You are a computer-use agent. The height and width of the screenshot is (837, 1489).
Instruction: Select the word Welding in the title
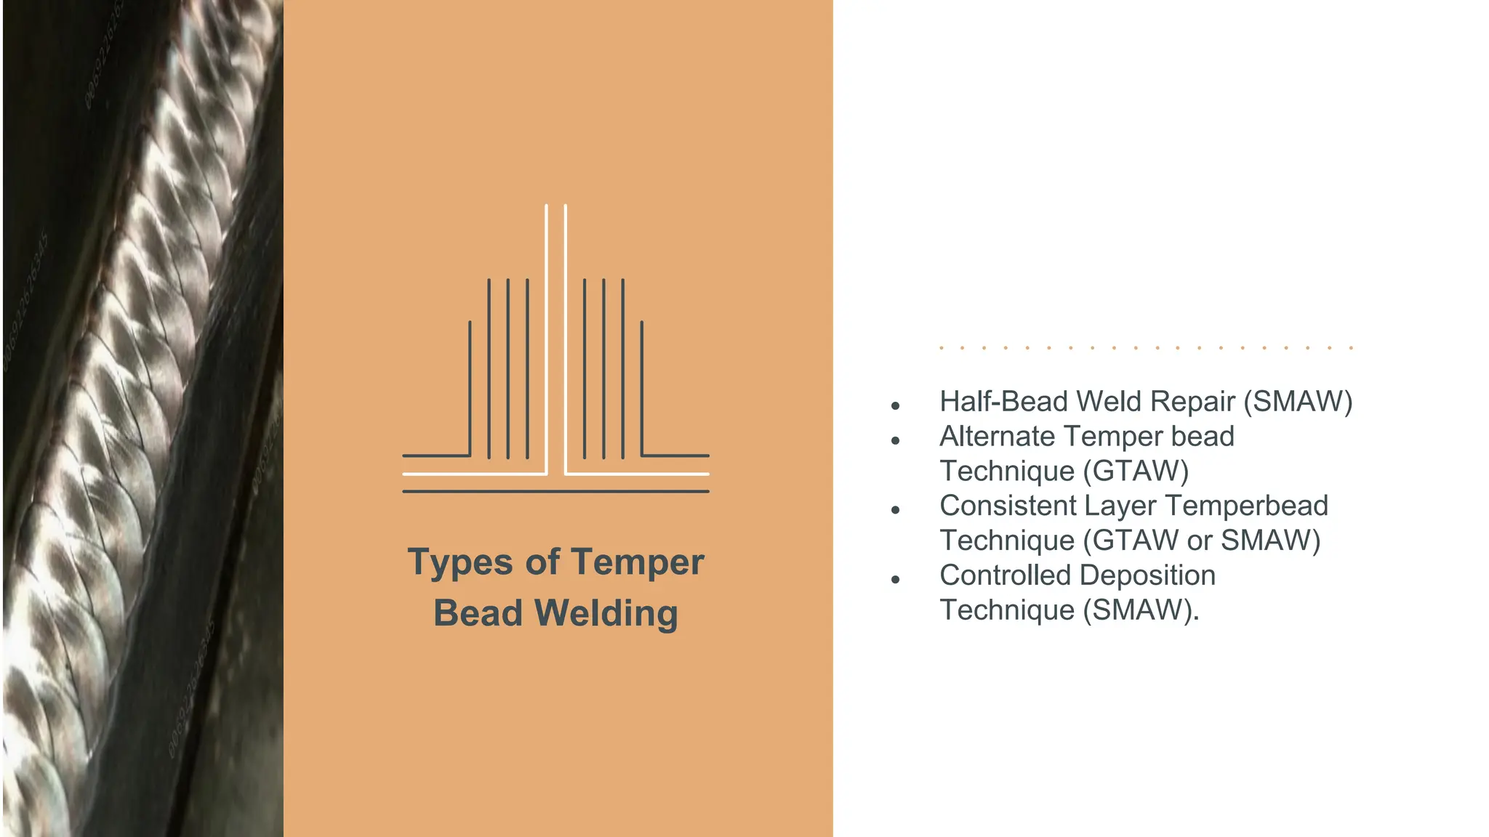606,613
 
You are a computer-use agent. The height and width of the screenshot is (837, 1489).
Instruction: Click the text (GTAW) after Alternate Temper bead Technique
1136,472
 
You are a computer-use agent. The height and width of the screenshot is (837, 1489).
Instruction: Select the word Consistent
1007,506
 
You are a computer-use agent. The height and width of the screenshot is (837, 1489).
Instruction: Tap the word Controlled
1004,575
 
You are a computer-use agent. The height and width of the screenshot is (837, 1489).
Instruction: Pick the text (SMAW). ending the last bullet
1141,610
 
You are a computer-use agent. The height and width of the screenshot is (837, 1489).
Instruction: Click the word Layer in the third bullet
1116,506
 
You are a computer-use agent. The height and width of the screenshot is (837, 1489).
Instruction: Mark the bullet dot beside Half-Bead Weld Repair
896,405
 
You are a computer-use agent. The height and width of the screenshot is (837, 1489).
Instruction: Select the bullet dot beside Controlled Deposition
896,579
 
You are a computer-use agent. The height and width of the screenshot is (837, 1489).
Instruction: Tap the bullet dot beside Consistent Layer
896,510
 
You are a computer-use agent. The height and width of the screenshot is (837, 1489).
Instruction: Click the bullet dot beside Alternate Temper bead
896,440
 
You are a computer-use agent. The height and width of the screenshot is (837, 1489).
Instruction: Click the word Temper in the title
637,562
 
